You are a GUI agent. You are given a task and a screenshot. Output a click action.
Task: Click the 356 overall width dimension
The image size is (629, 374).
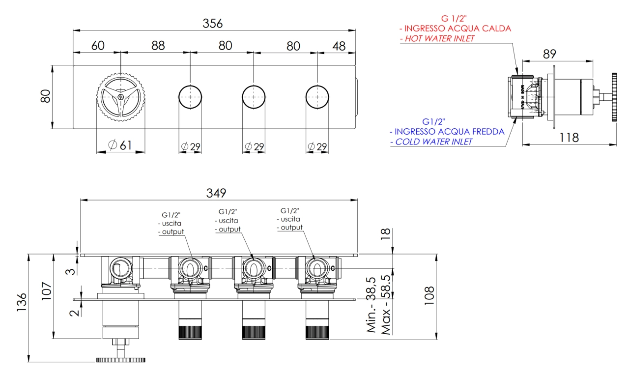coord(213,23)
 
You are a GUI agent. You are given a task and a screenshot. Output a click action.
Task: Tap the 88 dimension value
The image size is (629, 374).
coord(158,46)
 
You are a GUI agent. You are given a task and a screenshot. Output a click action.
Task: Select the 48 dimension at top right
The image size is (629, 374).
coord(339,46)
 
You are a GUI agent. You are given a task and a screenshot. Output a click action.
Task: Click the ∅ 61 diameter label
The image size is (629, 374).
coord(120,145)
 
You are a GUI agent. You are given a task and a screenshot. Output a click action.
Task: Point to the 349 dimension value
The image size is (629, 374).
coord(216,193)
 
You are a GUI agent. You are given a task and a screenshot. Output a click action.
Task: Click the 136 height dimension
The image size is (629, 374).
coord(22,302)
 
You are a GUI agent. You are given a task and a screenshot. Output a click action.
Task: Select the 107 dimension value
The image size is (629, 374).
coord(47,291)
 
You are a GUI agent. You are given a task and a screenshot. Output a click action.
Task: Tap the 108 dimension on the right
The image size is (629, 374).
coord(429,296)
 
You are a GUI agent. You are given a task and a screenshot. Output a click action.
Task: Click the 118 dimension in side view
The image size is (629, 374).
coord(569,138)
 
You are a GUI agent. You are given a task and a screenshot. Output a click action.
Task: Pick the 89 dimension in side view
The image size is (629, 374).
coord(549,54)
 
